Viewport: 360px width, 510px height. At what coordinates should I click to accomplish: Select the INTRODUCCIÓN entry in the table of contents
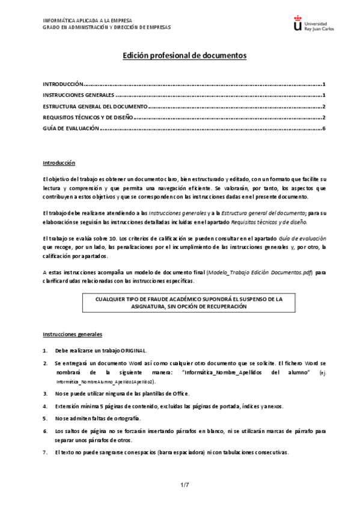(x=63, y=85)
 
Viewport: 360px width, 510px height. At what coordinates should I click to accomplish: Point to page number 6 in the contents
(x=323, y=128)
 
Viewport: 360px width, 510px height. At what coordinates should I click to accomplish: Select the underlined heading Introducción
(x=58, y=162)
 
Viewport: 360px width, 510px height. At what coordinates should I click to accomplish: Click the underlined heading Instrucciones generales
(x=72, y=334)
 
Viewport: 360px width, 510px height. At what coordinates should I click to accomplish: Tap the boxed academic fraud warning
(x=188, y=302)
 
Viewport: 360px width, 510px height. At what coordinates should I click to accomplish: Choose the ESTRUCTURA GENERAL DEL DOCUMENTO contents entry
(x=94, y=106)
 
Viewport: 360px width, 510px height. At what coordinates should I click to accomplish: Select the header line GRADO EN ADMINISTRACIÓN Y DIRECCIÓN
(x=106, y=27)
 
